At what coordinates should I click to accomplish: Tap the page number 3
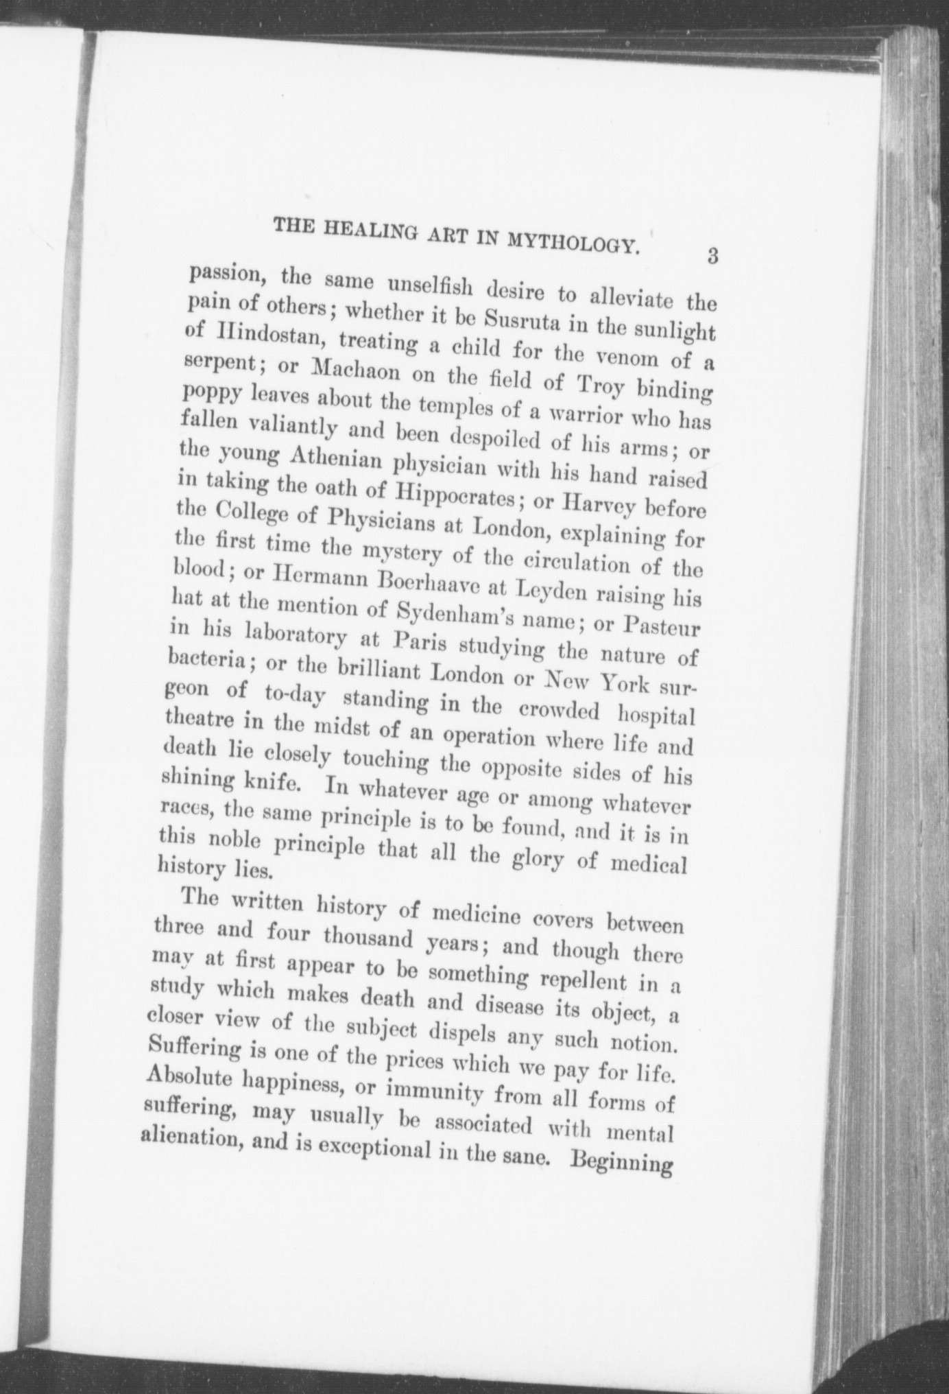pyautogui.click(x=712, y=257)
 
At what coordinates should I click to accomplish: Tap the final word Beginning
pyautogui.click(x=621, y=1163)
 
